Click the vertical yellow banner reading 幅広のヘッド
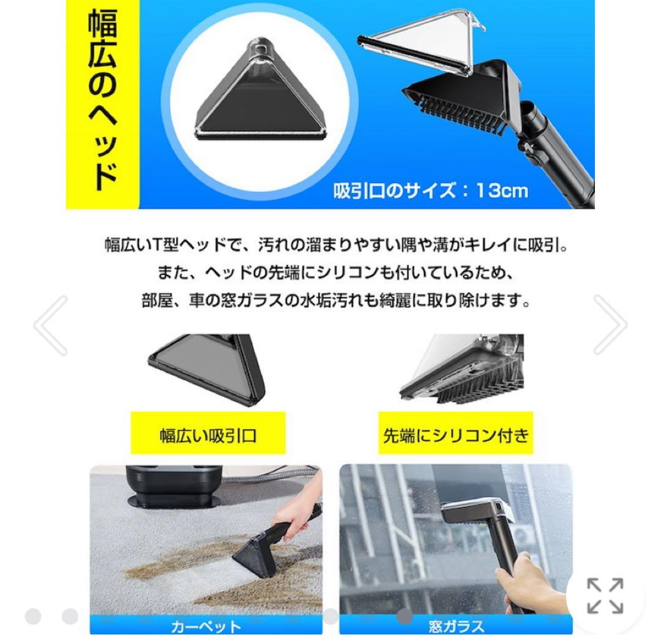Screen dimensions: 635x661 click(x=103, y=104)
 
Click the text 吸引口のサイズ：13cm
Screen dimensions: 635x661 click(x=430, y=190)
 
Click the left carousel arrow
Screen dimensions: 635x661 click(x=51, y=325)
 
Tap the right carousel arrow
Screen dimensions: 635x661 click(x=610, y=325)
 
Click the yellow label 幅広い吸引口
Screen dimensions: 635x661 click(x=208, y=435)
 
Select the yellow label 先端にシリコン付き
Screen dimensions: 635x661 click(x=455, y=435)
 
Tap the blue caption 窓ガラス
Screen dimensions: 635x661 click(x=456, y=626)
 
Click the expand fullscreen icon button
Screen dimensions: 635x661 click(x=605, y=596)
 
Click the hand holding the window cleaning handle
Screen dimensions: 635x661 click(x=526, y=582)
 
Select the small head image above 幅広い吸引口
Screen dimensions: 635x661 click(x=208, y=367)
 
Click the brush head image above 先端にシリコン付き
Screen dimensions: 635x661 click(x=462, y=367)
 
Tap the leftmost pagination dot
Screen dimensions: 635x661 click(x=33, y=617)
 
